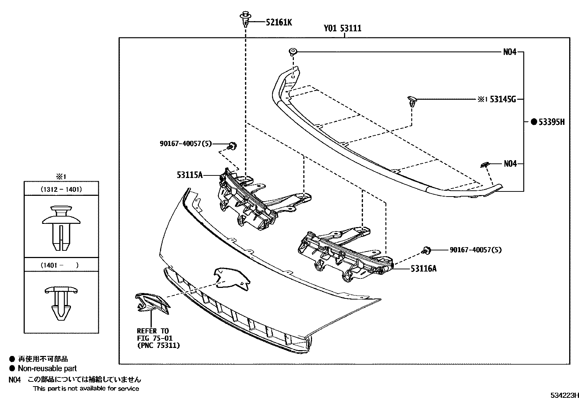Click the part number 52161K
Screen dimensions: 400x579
(x=279, y=23)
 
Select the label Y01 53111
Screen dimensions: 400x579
(x=343, y=28)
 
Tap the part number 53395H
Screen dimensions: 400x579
(x=551, y=122)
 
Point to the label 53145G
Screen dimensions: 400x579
(x=503, y=99)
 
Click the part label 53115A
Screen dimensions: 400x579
(x=189, y=175)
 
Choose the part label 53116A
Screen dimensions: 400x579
(x=423, y=269)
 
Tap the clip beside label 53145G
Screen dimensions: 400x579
(x=411, y=101)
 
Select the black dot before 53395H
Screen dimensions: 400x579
(x=534, y=122)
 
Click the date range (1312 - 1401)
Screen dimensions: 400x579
(x=61, y=189)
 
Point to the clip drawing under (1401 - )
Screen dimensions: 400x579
(x=61, y=303)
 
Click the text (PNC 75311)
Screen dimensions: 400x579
(x=158, y=345)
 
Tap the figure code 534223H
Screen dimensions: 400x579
(x=563, y=395)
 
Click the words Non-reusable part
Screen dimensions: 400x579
(x=47, y=368)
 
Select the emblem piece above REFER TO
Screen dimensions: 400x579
(x=152, y=304)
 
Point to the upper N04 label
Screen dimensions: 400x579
(x=510, y=52)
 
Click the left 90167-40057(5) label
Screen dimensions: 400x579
(x=185, y=144)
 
